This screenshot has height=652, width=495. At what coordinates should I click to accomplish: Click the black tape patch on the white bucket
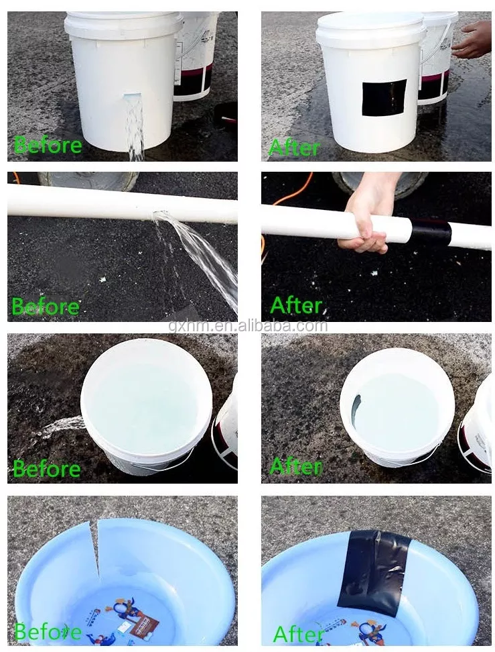point(384,98)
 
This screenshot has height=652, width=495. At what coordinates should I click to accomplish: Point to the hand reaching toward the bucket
point(472,40)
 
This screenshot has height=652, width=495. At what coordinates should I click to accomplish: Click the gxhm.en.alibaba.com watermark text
point(248,325)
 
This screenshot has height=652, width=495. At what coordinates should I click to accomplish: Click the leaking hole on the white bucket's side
point(132,97)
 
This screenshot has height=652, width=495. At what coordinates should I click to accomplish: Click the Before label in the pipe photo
point(46,307)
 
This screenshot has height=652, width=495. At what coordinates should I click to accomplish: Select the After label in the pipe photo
point(297,305)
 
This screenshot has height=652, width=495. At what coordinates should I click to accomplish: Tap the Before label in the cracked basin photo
point(48,632)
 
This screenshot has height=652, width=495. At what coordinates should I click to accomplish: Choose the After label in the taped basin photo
point(299,635)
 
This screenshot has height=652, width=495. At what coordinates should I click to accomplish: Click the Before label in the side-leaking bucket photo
point(48,145)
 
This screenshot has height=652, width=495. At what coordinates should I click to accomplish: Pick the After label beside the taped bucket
point(295,148)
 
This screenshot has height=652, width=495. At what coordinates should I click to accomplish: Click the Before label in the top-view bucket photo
point(47,469)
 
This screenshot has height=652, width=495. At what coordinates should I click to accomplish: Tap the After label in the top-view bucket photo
point(296,466)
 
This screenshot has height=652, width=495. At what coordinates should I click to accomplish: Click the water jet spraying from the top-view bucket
point(58,427)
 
